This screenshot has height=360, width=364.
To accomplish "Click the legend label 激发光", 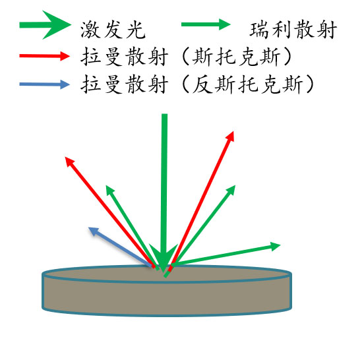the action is pos(113,30).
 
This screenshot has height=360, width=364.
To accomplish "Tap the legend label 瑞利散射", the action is pos(293,30).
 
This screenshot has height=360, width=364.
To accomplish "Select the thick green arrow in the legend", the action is pos(45,25).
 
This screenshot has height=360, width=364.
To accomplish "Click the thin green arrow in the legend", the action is pos(206,24).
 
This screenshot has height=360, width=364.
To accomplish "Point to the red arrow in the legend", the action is pos(45,56).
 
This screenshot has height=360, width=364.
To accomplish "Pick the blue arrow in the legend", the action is pos(45,84).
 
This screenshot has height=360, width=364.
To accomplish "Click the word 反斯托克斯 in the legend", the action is pos(247,84).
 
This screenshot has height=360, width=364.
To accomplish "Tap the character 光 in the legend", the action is pos(136,30).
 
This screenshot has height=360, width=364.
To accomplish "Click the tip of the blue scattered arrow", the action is pos(88,227).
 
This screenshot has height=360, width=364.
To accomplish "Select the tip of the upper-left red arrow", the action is pos(65,157).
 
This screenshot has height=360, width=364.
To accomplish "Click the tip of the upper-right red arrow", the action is pos(233,131).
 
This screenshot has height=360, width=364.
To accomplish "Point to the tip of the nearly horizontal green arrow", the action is pos(280,245).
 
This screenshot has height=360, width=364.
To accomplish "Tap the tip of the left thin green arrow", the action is pos(106,185).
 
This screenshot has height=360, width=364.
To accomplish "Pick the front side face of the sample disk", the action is pos(167,298).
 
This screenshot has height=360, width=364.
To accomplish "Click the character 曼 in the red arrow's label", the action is pos(113,57).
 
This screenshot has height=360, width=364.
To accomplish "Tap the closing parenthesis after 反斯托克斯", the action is pos(310,84).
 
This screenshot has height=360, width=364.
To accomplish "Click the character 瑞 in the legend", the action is pos(259,30).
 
